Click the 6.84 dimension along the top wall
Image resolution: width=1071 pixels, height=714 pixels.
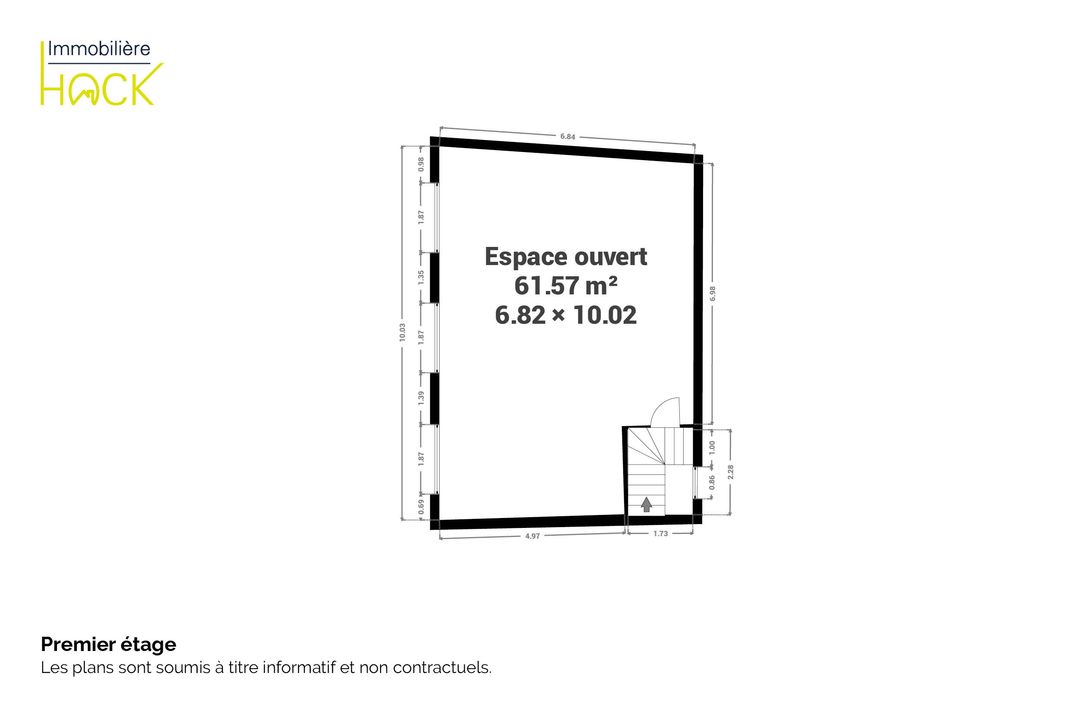click(x=567, y=136)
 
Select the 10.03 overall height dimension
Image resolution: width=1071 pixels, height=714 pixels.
click(x=402, y=332)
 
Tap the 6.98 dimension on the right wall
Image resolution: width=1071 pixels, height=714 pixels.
click(x=713, y=294)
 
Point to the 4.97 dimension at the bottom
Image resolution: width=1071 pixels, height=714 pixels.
click(x=532, y=537)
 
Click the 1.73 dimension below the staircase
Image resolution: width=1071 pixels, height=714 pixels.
click(x=660, y=534)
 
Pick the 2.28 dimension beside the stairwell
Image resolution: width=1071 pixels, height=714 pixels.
click(x=731, y=472)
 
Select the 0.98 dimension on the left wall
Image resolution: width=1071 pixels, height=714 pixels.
click(x=421, y=164)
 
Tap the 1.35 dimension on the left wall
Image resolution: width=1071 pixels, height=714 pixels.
click(x=421, y=278)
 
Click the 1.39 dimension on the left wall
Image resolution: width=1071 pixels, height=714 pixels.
click(x=421, y=398)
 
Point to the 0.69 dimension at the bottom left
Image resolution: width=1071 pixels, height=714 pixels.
click(x=421, y=507)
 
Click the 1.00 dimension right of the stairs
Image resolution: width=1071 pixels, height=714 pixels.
click(x=712, y=448)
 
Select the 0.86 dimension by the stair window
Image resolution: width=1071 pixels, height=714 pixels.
click(x=712, y=483)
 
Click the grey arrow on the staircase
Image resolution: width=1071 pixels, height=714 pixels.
click(x=646, y=505)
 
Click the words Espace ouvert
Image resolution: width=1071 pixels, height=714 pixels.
click(x=566, y=257)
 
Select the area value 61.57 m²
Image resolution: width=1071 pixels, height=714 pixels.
click(x=566, y=286)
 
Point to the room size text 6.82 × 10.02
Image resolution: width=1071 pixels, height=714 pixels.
click(x=566, y=315)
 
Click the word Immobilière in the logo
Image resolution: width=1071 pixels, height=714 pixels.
click(x=99, y=49)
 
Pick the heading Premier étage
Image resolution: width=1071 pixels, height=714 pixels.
click(x=108, y=644)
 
